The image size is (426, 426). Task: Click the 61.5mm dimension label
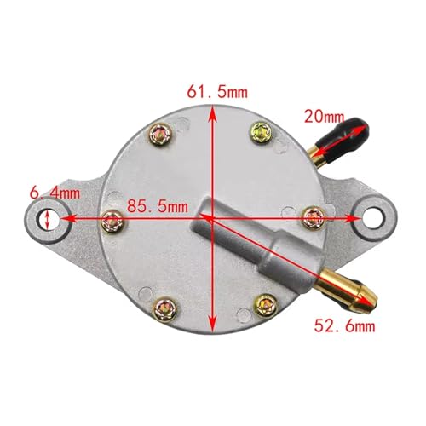217,92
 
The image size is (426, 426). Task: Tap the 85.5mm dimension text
158,206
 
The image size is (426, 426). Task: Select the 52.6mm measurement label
344,325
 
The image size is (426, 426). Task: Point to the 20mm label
324,117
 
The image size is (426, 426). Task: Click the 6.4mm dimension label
55,193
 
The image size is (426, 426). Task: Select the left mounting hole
48,220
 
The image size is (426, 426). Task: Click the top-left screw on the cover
160,135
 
